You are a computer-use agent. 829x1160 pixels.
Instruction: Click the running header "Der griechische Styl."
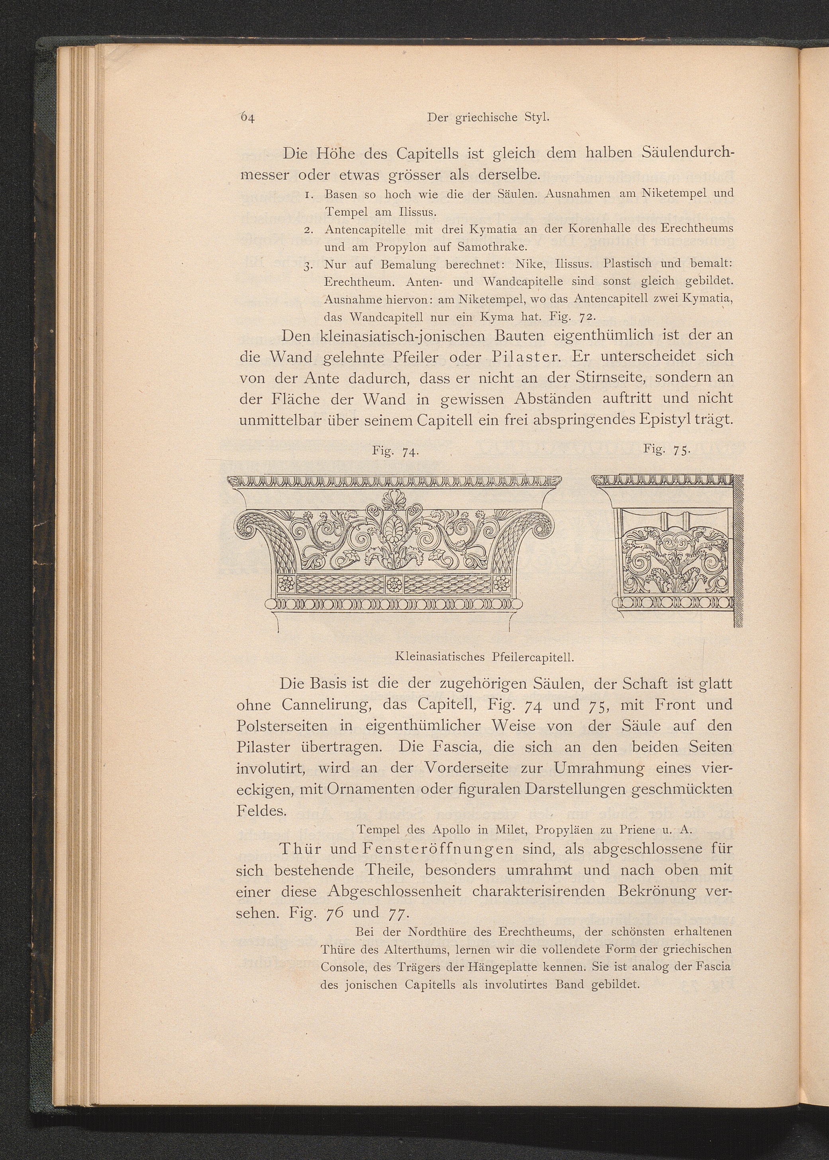click(x=488, y=117)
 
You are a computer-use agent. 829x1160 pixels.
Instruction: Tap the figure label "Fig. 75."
click(x=667, y=449)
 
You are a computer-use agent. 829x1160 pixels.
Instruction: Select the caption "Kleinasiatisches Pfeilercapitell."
click(x=485, y=656)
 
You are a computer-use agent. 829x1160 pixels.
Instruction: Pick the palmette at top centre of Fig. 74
click(x=393, y=499)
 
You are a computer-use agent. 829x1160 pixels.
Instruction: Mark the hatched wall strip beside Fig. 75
click(x=739, y=551)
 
